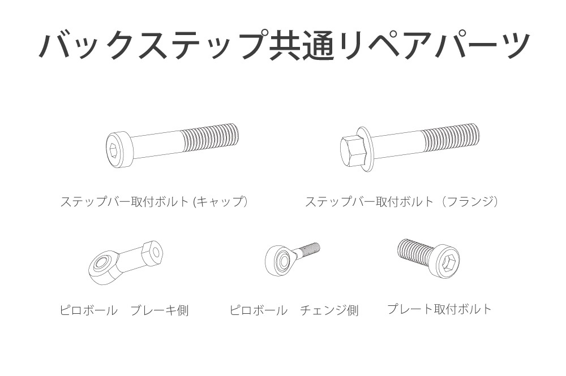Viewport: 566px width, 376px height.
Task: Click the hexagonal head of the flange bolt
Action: (353, 150)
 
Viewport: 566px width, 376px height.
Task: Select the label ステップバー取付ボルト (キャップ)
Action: (155, 201)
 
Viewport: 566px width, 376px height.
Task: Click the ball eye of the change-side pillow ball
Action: (280, 260)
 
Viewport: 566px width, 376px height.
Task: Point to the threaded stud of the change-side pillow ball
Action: (310, 249)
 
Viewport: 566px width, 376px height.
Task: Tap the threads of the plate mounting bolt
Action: (414, 251)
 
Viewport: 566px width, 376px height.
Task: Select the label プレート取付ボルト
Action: (439, 309)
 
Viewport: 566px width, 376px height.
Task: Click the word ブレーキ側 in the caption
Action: (160, 310)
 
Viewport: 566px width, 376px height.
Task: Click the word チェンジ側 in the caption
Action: (329, 310)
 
